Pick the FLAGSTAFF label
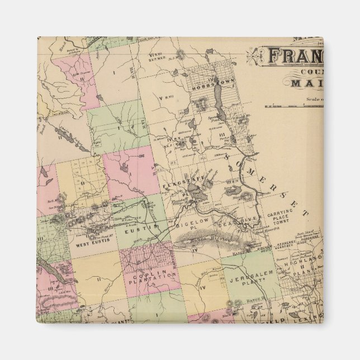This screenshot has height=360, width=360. [x=178, y=184]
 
